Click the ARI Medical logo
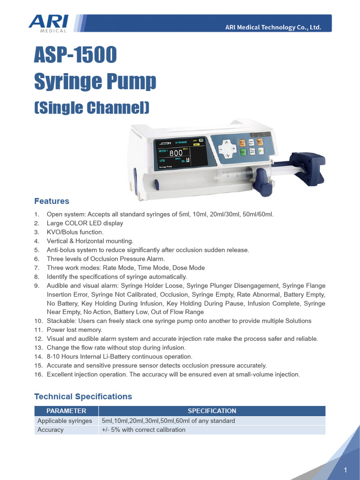48,23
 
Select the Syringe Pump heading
95,82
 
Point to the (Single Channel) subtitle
92,108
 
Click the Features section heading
52,201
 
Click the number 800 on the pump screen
176,153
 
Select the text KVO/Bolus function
75,232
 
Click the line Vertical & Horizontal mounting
90,241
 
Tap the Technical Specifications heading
83,397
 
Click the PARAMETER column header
66,411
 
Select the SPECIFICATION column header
212,411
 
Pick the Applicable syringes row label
65,420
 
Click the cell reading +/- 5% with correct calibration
143,430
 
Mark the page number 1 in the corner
345,470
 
